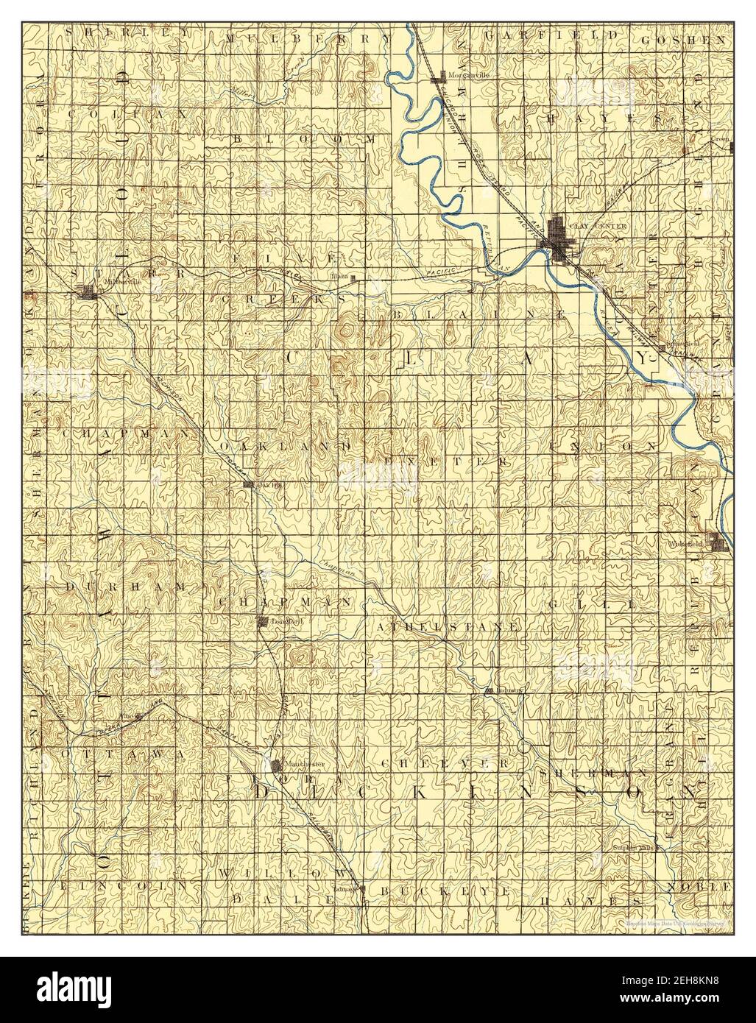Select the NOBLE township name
click(x=699, y=888)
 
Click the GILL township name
click(x=590, y=603)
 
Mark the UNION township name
click(x=602, y=446)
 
